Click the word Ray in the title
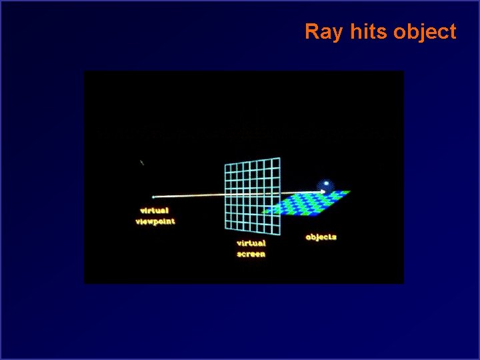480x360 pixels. click(320, 31)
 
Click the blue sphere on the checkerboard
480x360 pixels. click(325, 185)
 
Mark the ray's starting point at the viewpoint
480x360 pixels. click(153, 197)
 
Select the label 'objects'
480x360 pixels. click(321, 237)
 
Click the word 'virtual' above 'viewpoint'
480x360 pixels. click(154, 211)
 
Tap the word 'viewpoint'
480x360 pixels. click(155, 221)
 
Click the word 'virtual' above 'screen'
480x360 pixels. click(251, 243)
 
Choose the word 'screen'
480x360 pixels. click(251, 254)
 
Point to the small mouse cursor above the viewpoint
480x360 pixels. click(142, 162)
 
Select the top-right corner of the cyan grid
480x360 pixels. click(279, 158)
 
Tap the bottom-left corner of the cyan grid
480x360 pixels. click(225, 227)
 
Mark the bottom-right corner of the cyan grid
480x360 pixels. click(280, 236)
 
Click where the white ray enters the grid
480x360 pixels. click(225, 196)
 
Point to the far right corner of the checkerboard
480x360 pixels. click(351, 191)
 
